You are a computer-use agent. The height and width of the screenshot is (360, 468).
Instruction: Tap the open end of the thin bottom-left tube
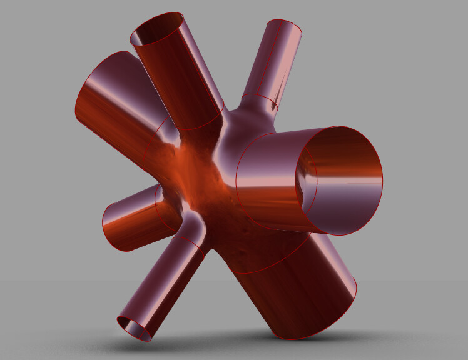click(x=135, y=327)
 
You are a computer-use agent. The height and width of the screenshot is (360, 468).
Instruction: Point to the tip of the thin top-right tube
click(x=285, y=27)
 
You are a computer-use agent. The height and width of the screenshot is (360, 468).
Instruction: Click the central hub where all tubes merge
click(x=206, y=187)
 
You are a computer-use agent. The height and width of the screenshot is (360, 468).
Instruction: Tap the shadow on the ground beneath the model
click(x=250, y=344)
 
